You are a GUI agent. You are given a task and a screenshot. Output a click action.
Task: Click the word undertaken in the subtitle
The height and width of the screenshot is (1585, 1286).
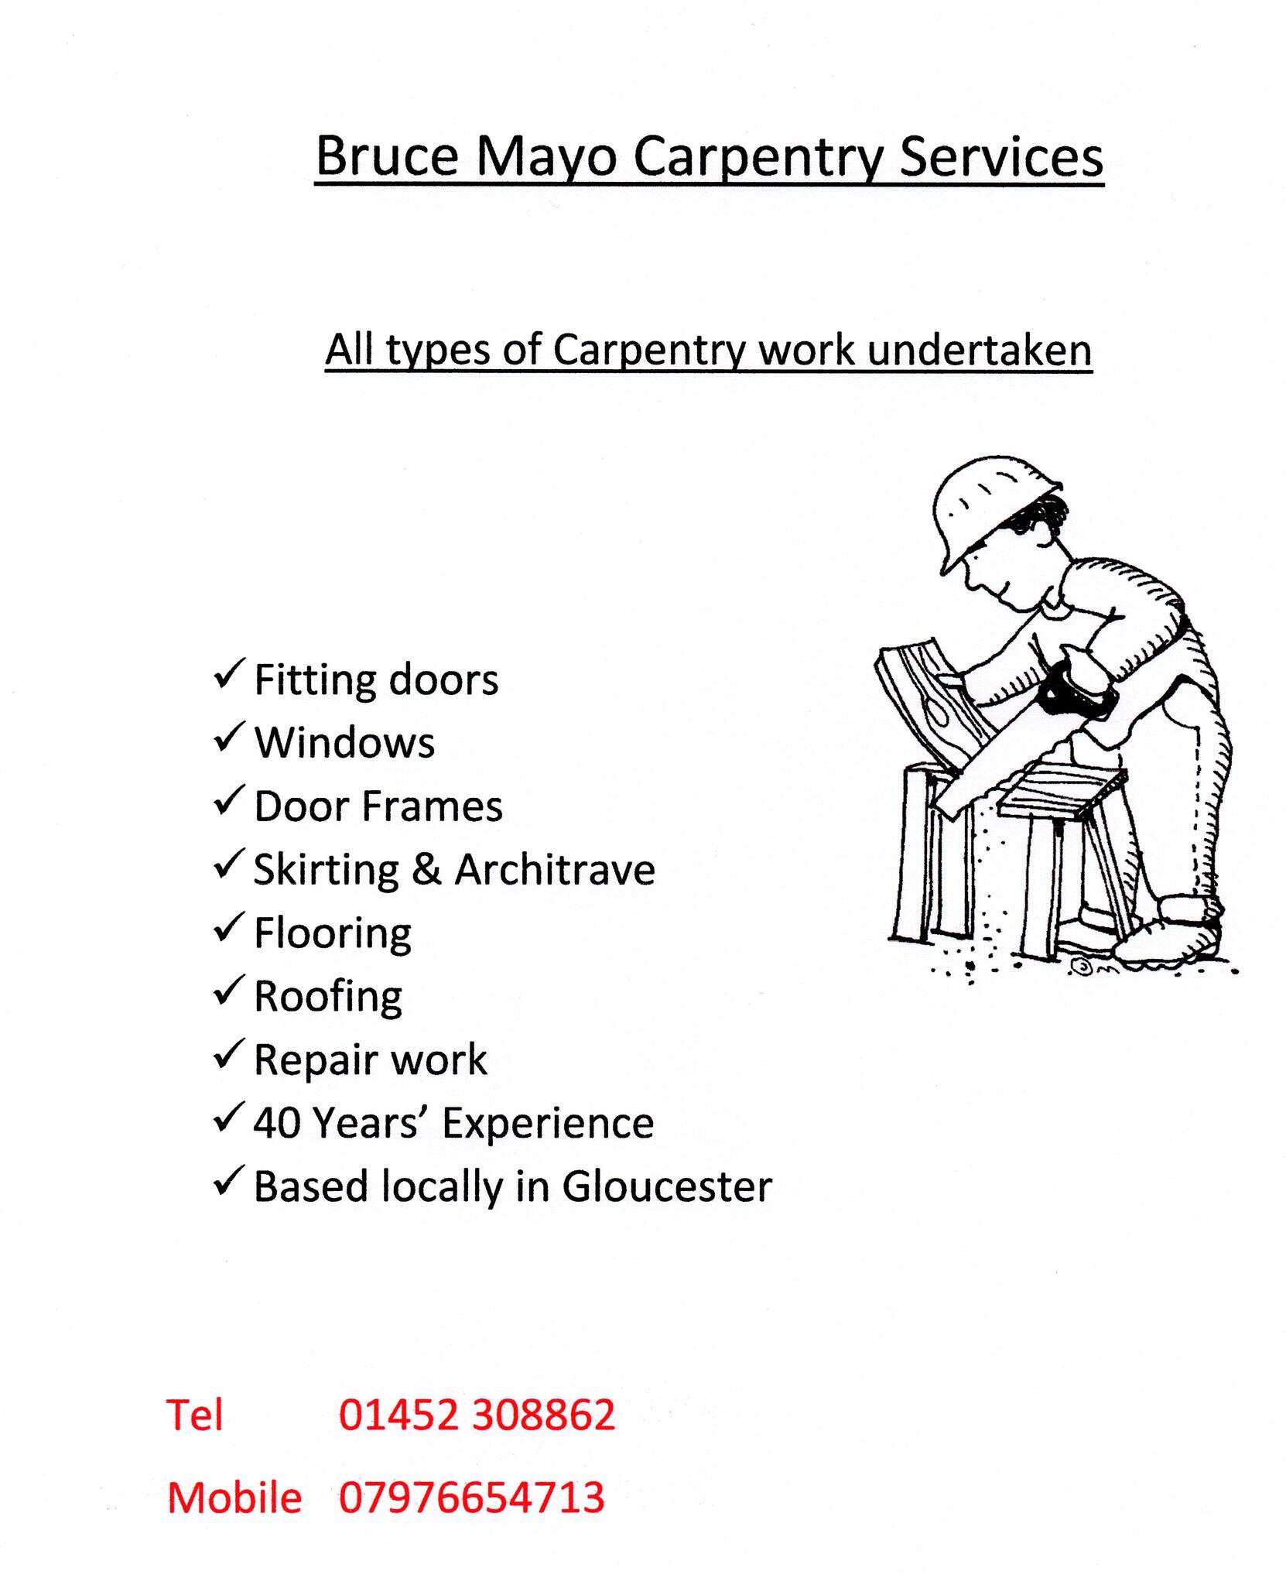pyautogui.click(x=979, y=350)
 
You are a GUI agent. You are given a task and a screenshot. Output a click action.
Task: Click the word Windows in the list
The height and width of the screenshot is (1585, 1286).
pyautogui.click(x=344, y=742)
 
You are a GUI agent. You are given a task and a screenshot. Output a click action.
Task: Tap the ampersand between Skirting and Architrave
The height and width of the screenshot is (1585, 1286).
pyautogui.click(x=426, y=869)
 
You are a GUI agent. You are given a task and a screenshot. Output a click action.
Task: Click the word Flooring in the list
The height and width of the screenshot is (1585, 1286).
pyautogui.click(x=333, y=933)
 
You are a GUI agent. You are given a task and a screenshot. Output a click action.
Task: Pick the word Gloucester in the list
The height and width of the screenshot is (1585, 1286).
pyautogui.click(x=667, y=1186)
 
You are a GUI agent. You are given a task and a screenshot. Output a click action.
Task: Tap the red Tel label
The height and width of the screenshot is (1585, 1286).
pyautogui.click(x=195, y=1416)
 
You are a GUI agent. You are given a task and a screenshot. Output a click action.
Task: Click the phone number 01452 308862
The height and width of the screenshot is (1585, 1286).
pyautogui.click(x=477, y=1416)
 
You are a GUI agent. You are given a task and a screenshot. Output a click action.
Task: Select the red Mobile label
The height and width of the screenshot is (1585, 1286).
pyautogui.click(x=234, y=1497)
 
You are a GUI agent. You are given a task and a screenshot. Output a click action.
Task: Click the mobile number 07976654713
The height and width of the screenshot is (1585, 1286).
pyautogui.click(x=472, y=1497)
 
